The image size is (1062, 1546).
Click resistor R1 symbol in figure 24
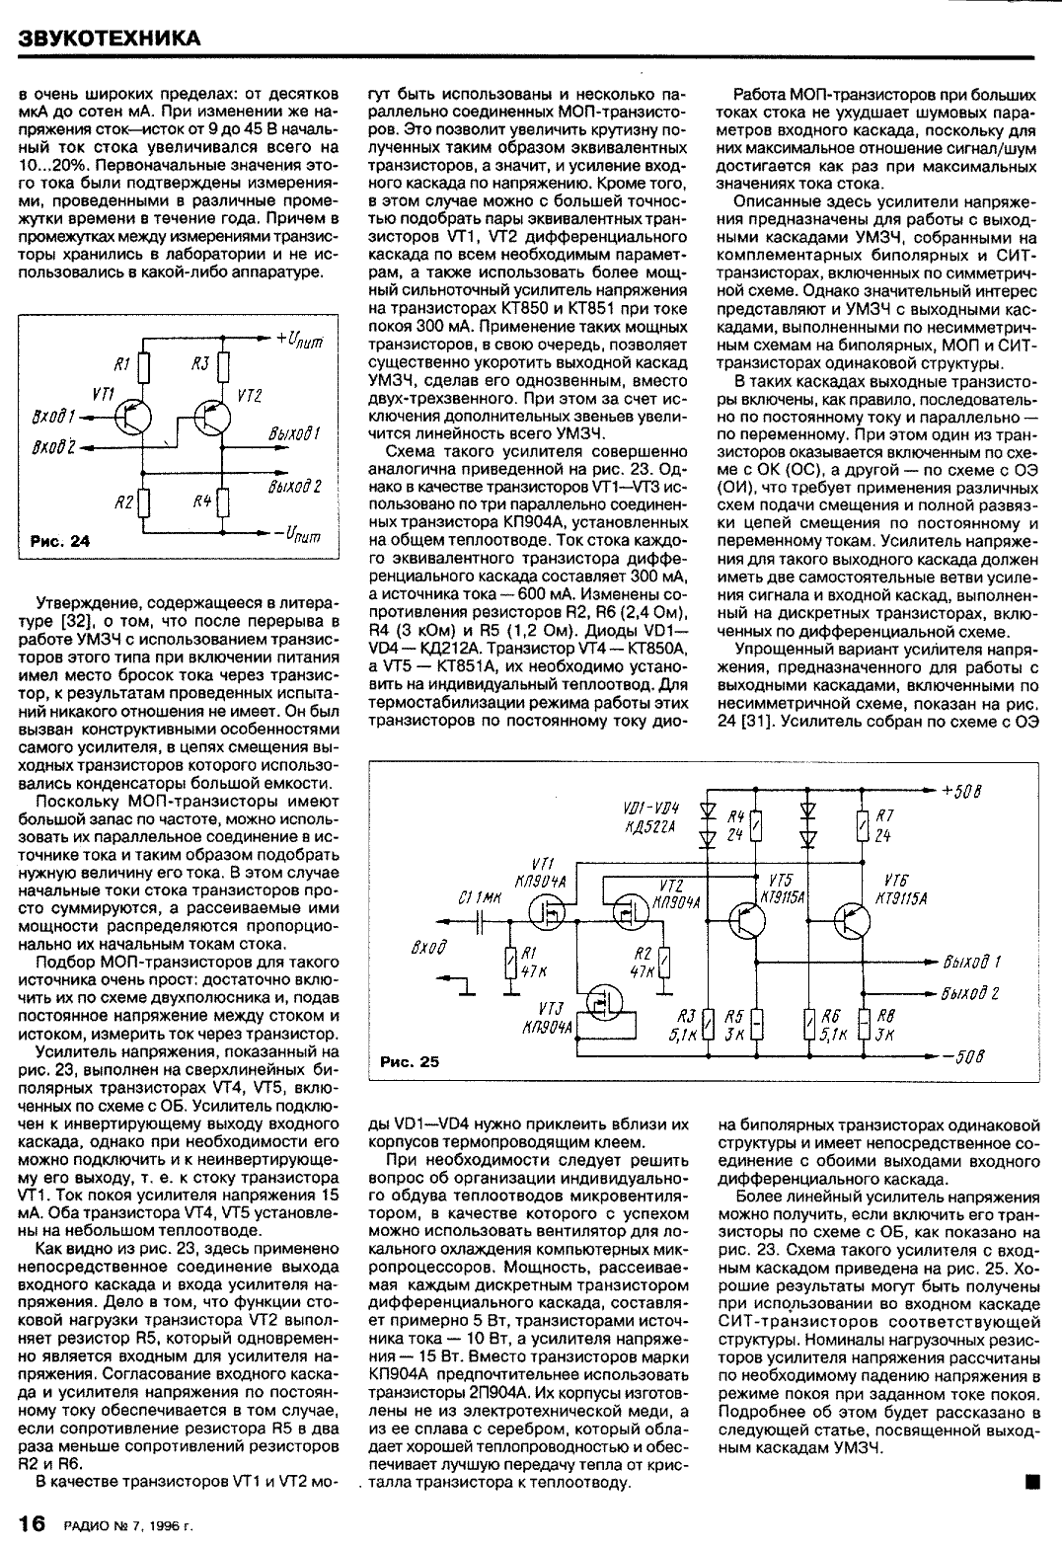(x=145, y=368)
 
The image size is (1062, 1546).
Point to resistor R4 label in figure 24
(x=201, y=501)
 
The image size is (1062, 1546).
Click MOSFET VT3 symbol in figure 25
(x=599, y=1007)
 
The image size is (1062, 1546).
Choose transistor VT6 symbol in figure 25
(x=851, y=920)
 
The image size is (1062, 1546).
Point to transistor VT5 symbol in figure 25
(x=745, y=920)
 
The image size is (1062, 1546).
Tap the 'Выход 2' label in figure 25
(x=971, y=993)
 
